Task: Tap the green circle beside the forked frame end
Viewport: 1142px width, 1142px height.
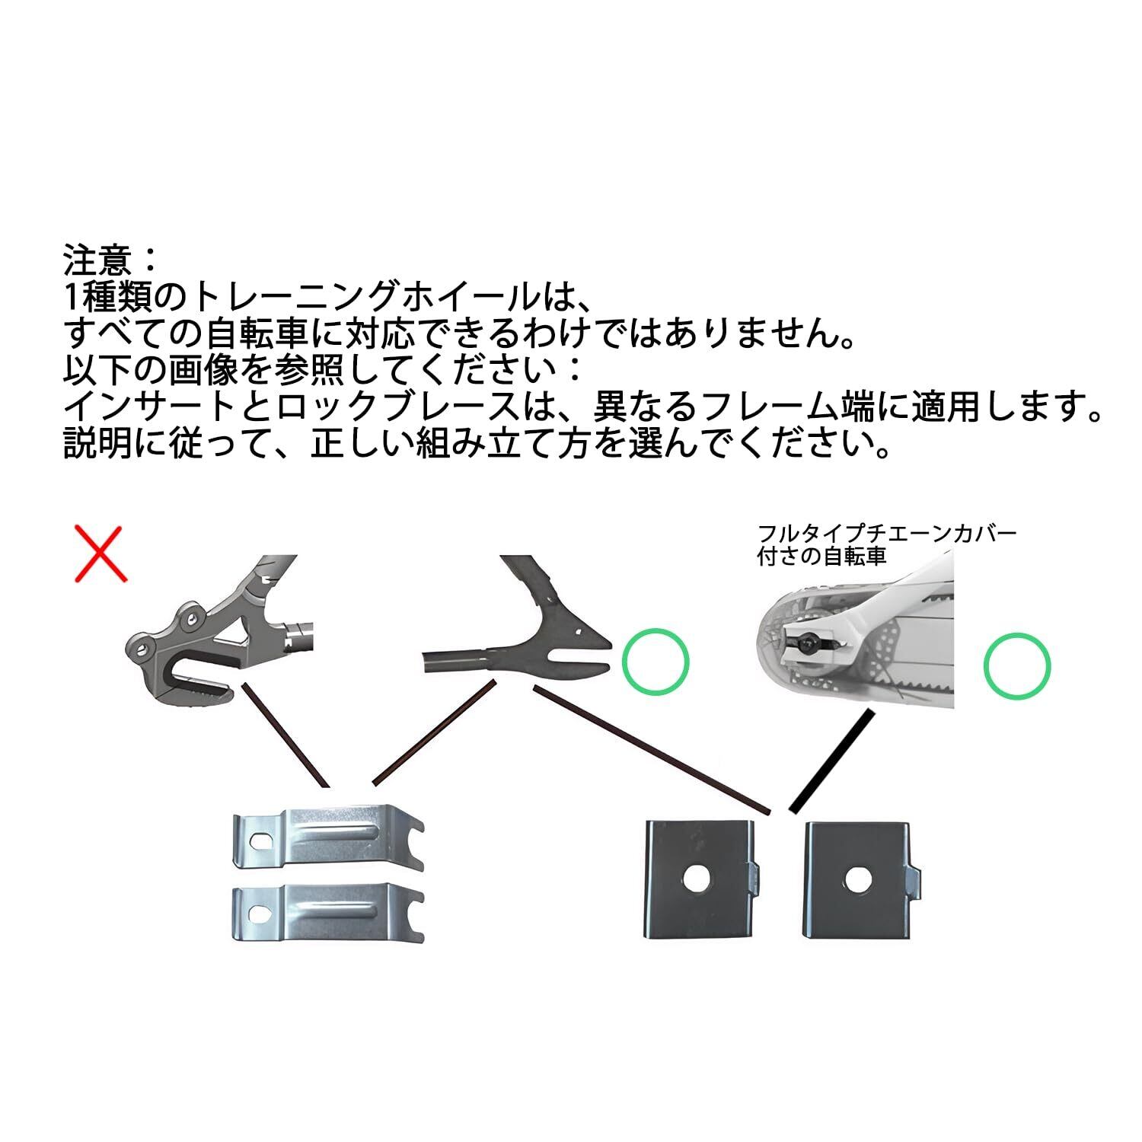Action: point(656,661)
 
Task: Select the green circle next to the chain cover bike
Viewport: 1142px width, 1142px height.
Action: point(1017,665)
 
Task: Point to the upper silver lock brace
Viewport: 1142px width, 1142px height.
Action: point(327,837)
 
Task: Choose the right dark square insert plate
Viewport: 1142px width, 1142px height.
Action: point(860,878)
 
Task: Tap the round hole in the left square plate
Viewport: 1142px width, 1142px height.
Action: point(694,879)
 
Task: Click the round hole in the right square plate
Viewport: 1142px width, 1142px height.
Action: point(856,879)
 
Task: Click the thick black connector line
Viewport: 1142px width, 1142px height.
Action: point(832,759)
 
